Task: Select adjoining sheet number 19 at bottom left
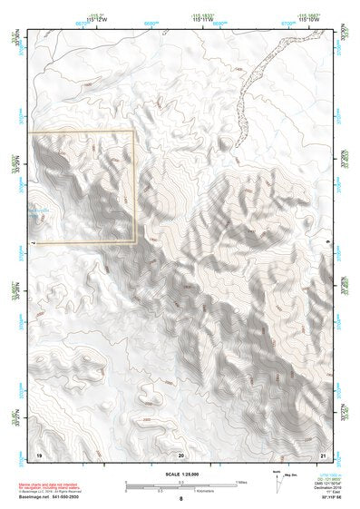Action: tap(39, 453)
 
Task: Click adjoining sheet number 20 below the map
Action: tap(181, 453)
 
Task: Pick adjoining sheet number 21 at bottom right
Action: tap(323, 453)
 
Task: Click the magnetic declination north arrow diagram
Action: tap(282, 482)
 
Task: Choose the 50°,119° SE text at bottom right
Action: tap(327, 499)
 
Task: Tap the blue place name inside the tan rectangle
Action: tap(44, 210)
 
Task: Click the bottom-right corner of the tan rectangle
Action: tap(135, 242)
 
